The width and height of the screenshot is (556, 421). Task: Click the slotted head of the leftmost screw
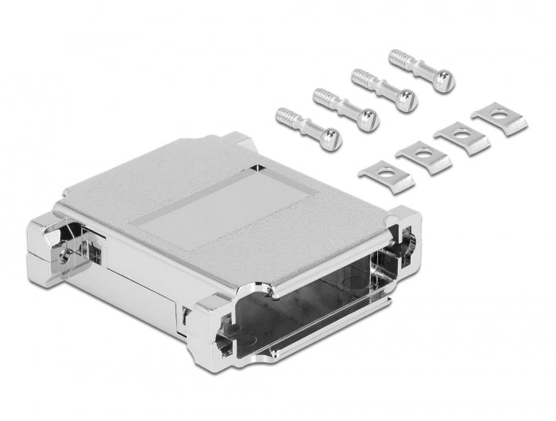[330, 140]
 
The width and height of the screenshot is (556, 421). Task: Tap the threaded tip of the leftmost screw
[284, 116]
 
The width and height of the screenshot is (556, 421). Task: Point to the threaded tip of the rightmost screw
[398, 58]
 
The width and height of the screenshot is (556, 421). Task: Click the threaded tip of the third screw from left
[361, 78]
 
